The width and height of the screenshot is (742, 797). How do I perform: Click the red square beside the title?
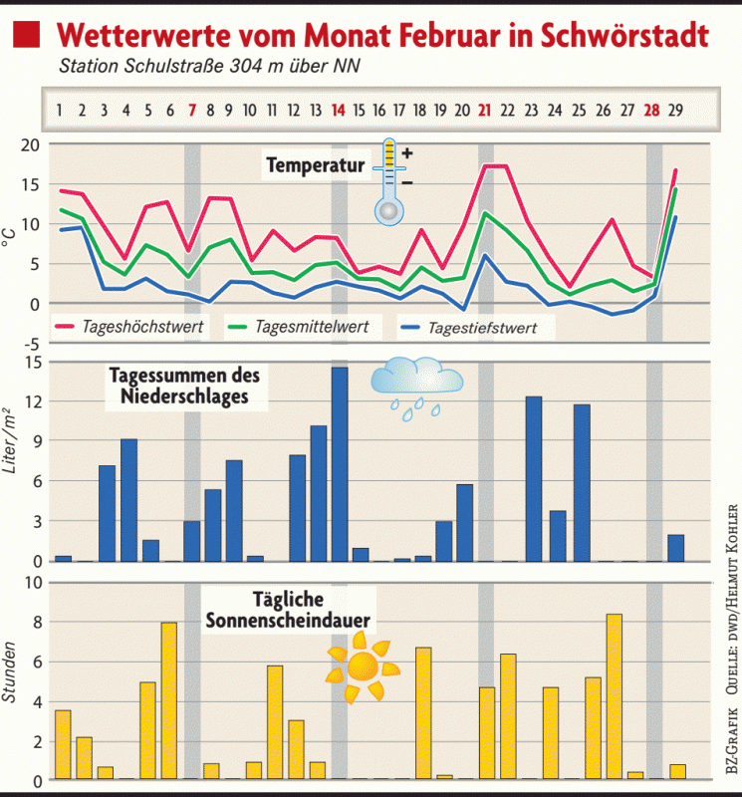pos(27,36)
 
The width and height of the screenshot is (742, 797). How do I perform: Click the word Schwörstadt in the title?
pos(627,36)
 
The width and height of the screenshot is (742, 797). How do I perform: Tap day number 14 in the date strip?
pos(339,110)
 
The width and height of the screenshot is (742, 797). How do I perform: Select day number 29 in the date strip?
pos(675,110)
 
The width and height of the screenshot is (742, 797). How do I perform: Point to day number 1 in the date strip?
pos(60,110)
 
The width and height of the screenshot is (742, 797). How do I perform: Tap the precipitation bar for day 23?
pos(534,478)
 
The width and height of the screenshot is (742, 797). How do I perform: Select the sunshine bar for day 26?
pos(614,696)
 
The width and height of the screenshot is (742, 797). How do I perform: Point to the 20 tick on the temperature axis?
pos(29,144)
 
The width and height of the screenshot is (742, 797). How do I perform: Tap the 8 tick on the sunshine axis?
pos(33,623)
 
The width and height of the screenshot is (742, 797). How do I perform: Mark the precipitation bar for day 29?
pos(675,548)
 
